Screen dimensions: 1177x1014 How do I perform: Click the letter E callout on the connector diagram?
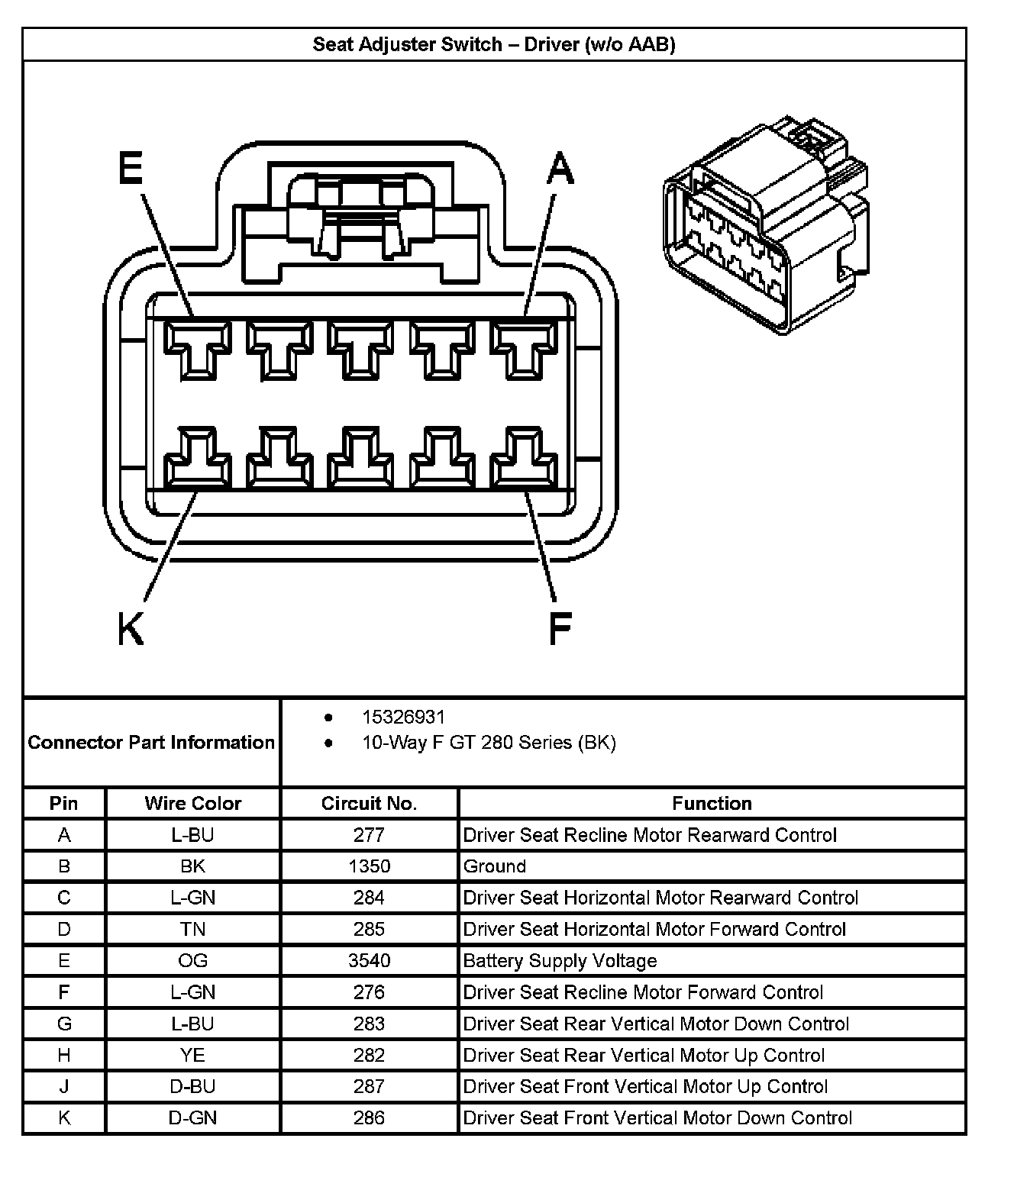pyautogui.click(x=131, y=168)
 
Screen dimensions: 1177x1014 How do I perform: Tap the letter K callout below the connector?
pyautogui.click(x=131, y=629)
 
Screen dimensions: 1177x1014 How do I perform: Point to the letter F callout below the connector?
pyautogui.click(x=560, y=629)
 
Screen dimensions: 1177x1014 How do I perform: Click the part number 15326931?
pyautogui.click(x=403, y=717)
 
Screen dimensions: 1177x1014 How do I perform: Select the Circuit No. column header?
pyautogui.click(x=369, y=803)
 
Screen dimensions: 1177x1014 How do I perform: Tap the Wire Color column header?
pyautogui.click(x=192, y=803)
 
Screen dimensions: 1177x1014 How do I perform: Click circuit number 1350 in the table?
pyautogui.click(x=369, y=866)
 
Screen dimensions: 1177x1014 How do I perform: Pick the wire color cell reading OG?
pyautogui.click(x=192, y=960)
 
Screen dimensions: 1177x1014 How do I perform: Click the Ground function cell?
pyautogui.click(x=495, y=866)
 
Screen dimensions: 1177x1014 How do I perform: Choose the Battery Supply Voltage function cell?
pyautogui.click(x=560, y=960)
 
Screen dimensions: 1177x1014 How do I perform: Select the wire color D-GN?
pyautogui.click(x=192, y=1117)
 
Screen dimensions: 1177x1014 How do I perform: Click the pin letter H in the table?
pyautogui.click(x=64, y=1055)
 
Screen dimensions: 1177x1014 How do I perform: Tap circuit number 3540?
pyautogui.click(x=369, y=960)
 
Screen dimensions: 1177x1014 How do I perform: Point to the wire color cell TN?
pyautogui.click(x=192, y=929)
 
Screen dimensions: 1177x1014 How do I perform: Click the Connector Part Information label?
pyautogui.click(x=151, y=742)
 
